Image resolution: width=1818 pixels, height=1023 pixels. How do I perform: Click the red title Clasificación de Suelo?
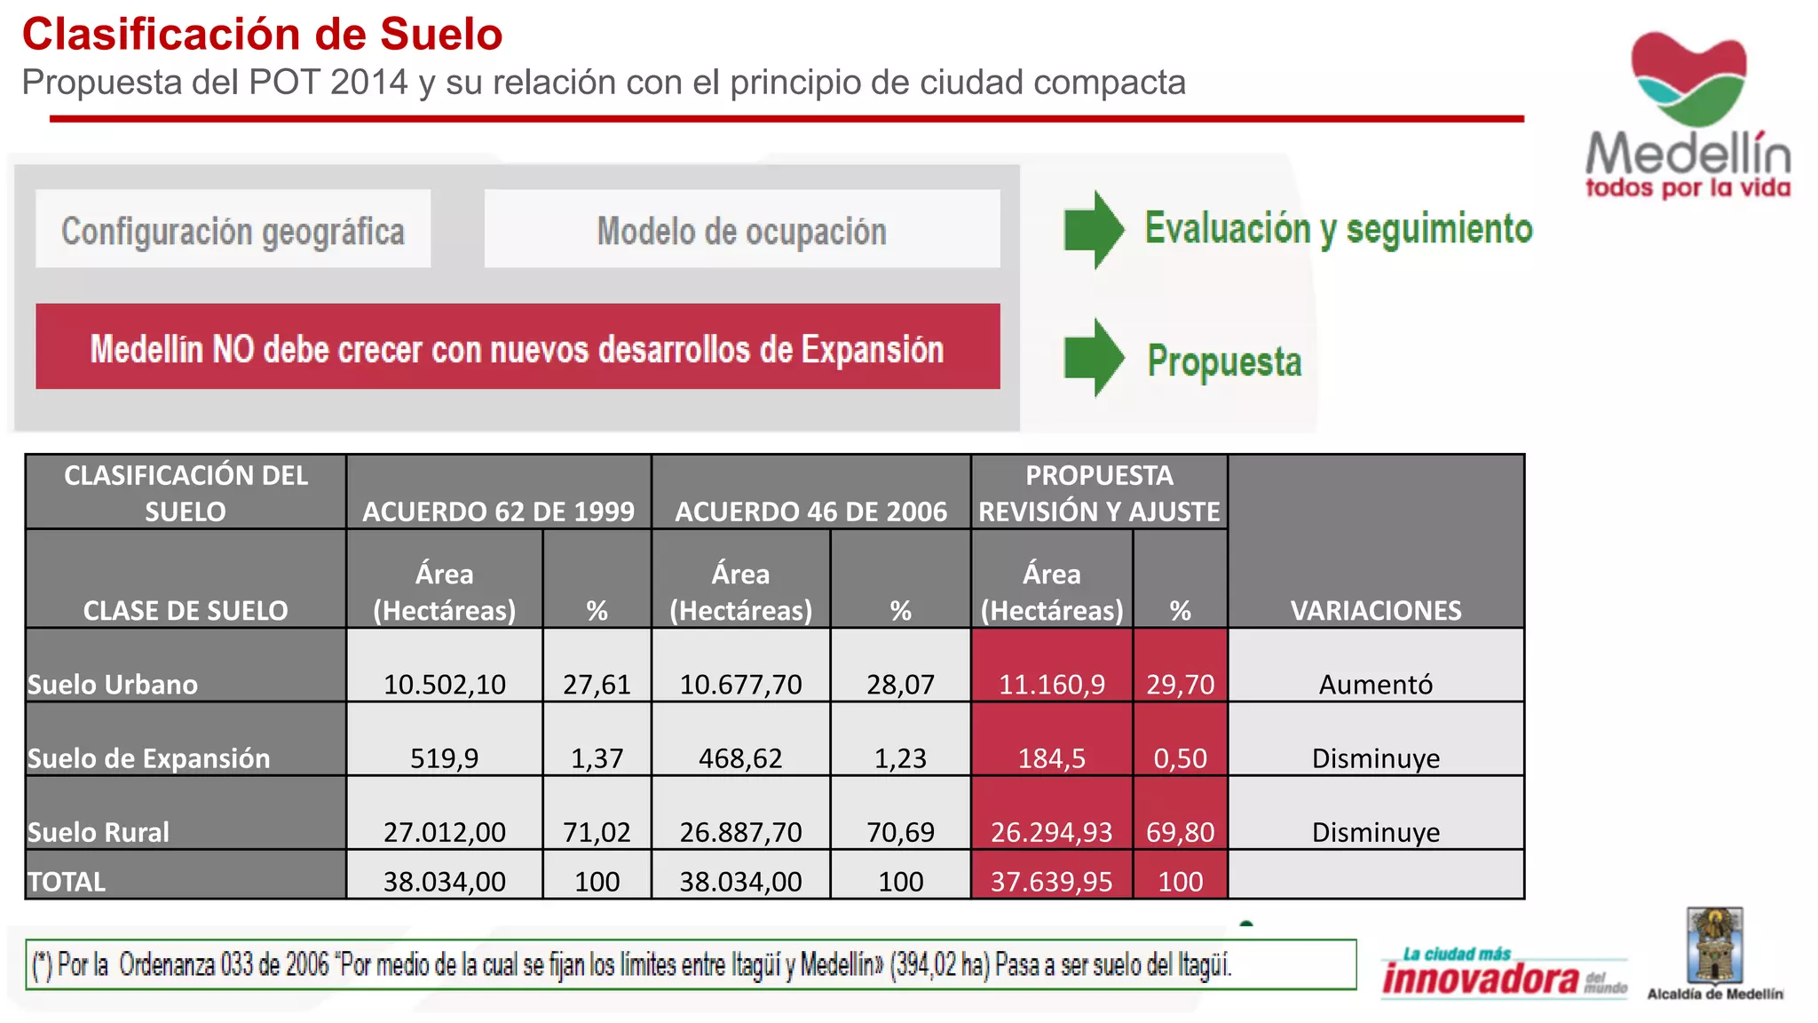click(x=262, y=35)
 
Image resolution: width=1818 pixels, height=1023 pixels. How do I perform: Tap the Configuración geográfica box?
click(x=233, y=230)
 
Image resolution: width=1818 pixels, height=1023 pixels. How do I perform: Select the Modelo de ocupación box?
click(x=741, y=230)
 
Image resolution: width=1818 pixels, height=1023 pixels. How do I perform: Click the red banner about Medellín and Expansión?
click(x=518, y=347)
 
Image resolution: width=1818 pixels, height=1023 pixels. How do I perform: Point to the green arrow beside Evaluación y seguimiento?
click(x=1094, y=229)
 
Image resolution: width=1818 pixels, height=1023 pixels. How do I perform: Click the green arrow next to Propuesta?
click(x=1094, y=357)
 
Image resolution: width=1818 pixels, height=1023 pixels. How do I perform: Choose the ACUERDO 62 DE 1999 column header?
click(x=498, y=511)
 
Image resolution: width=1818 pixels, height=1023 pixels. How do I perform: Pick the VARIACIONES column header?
click(x=1375, y=609)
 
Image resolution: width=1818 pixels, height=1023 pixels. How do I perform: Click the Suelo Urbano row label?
click(x=113, y=684)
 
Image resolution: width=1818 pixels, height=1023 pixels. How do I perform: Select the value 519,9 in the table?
click(x=444, y=757)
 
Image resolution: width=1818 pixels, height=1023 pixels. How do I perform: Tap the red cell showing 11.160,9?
click(x=1051, y=684)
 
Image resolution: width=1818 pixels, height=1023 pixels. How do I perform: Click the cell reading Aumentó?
click(x=1375, y=684)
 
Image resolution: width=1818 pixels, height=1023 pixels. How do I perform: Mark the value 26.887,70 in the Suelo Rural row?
click(x=740, y=831)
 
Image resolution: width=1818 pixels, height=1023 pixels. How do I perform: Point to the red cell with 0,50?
click(x=1180, y=757)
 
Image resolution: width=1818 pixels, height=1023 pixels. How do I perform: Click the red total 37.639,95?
click(x=1051, y=881)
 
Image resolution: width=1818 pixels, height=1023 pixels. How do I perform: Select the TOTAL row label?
click(x=67, y=881)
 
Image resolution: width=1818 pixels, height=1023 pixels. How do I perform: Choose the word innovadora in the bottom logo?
click(x=1480, y=979)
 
